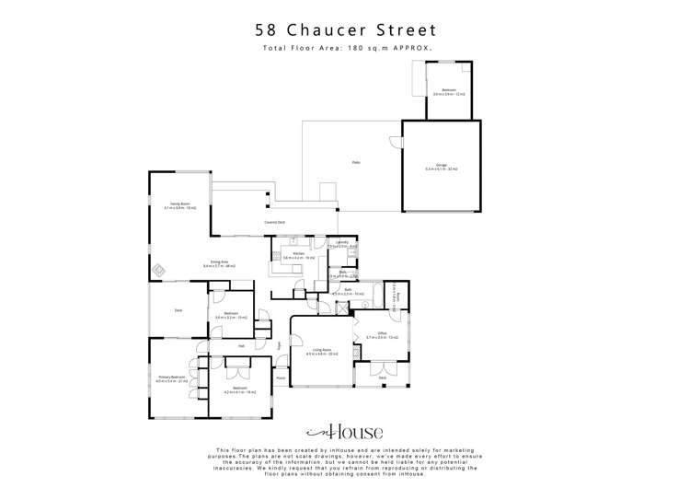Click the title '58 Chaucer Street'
pos(345,29)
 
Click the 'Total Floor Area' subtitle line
pos(345,48)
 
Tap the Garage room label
pos(442,168)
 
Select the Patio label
pos(355,163)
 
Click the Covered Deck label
pos(273,223)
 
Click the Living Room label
pos(321,351)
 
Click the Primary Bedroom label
pos(172,378)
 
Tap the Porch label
pos(281,378)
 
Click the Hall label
pos(241,345)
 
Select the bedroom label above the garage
pos(448,91)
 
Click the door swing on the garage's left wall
pos(397,143)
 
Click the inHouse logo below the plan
pos(344,432)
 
